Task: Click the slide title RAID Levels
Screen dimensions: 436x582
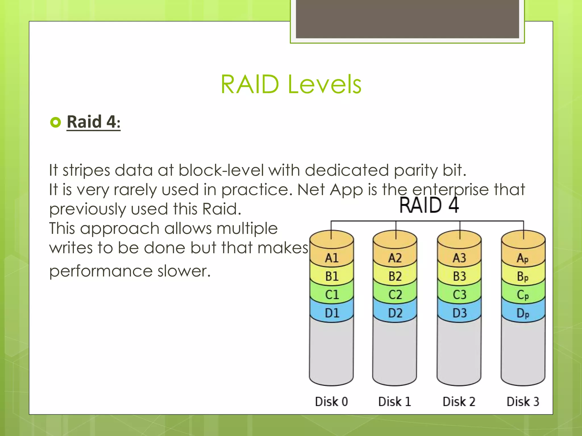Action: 291,84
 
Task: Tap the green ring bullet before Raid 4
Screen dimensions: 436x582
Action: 55,122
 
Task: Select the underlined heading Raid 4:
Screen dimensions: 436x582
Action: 93,122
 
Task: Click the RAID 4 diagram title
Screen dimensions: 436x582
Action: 429,205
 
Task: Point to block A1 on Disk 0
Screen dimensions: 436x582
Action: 332,258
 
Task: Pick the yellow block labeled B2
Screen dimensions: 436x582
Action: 395,276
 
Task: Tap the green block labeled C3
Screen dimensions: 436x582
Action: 459,294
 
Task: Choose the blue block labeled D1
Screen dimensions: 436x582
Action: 332,313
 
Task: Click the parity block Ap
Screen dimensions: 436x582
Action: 523,258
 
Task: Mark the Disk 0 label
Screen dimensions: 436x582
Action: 331,402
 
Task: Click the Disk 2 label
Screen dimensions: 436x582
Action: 459,402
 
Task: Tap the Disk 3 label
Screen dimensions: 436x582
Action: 523,402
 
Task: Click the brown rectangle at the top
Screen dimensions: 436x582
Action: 407,19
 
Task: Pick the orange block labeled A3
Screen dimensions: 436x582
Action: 459,258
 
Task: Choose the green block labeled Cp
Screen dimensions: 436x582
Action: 523,295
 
